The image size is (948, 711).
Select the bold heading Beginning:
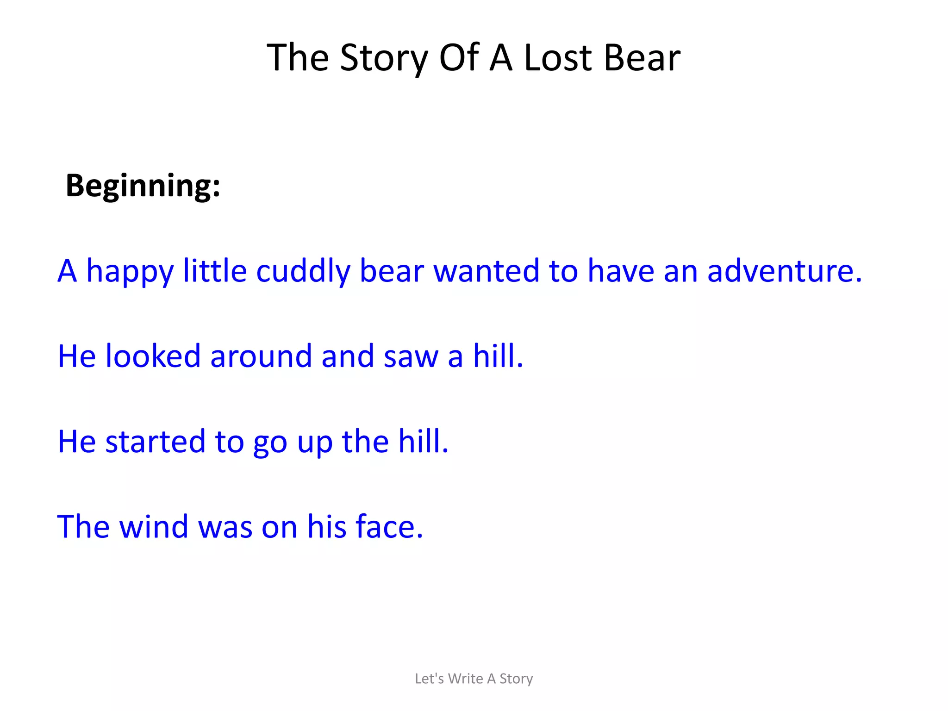(143, 186)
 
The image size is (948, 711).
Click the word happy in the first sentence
(130, 272)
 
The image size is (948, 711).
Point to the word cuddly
(303, 271)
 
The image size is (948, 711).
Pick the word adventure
(784, 271)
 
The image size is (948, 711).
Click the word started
(155, 442)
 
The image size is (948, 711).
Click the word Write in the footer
(465, 679)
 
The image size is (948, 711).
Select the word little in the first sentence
(215, 271)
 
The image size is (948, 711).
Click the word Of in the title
(458, 58)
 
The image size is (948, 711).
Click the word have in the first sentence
(621, 271)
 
